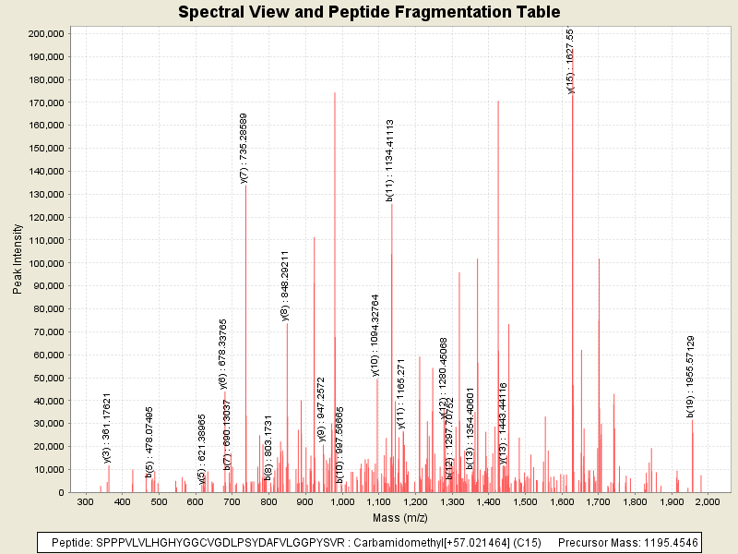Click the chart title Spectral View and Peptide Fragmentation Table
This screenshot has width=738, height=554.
point(369,12)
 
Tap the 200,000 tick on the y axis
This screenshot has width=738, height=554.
point(45,33)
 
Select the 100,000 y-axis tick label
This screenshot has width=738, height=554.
point(45,263)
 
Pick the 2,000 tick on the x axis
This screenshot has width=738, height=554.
point(707,502)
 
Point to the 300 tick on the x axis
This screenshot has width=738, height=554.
point(85,502)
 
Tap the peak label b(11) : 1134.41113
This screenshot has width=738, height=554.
point(390,160)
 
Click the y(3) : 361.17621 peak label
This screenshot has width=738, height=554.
point(107,428)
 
